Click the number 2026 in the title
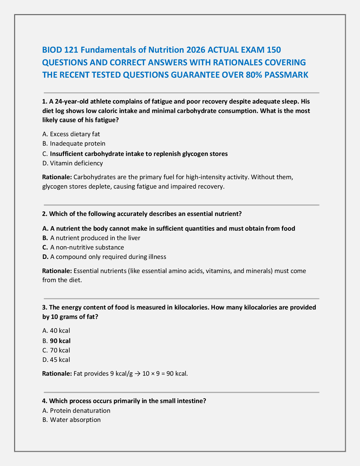pyautogui.click(x=196, y=50)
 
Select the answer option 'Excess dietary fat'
pyautogui.click(x=75, y=134)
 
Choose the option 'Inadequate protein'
pyautogui.click(x=77, y=144)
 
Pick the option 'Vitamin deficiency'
pyautogui.click(x=76, y=163)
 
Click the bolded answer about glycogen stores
pyautogui.click(x=139, y=154)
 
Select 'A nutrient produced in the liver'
pyautogui.click(x=95, y=238)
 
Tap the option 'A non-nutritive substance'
pyautogui.click(x=87, y=247)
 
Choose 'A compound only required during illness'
pyautogui.click(x=108, y=257)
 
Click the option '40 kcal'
pyautogui.click(x=60, y=331)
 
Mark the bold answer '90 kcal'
pyautogui.click(x=60, y=341)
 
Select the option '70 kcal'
pyautogui.click(x=60, y=350)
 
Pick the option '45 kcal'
pyautogui.click(x=60, y=360)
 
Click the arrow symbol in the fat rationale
pyautogui.click(x=137, y=374)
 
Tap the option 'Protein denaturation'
pyautogui.click(x=80, y=411)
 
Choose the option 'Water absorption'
pyautogui.click(x=75, y=420)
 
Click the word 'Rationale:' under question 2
pyautogui.click(x=57, y=271)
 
